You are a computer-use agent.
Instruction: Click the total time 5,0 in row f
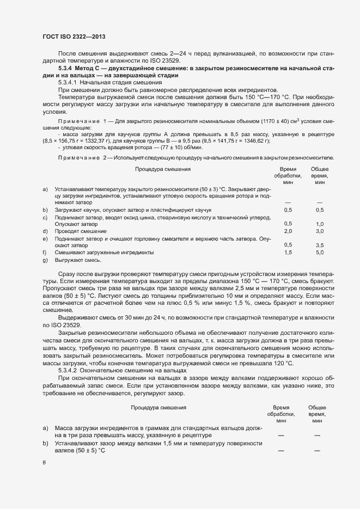click(320, 253)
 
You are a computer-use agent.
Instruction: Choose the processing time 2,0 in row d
click(288, 231)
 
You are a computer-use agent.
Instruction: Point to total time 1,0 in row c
click(320, 224)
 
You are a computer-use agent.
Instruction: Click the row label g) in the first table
click(45, 260)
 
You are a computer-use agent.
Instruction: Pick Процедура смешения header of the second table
click(158, 407)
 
